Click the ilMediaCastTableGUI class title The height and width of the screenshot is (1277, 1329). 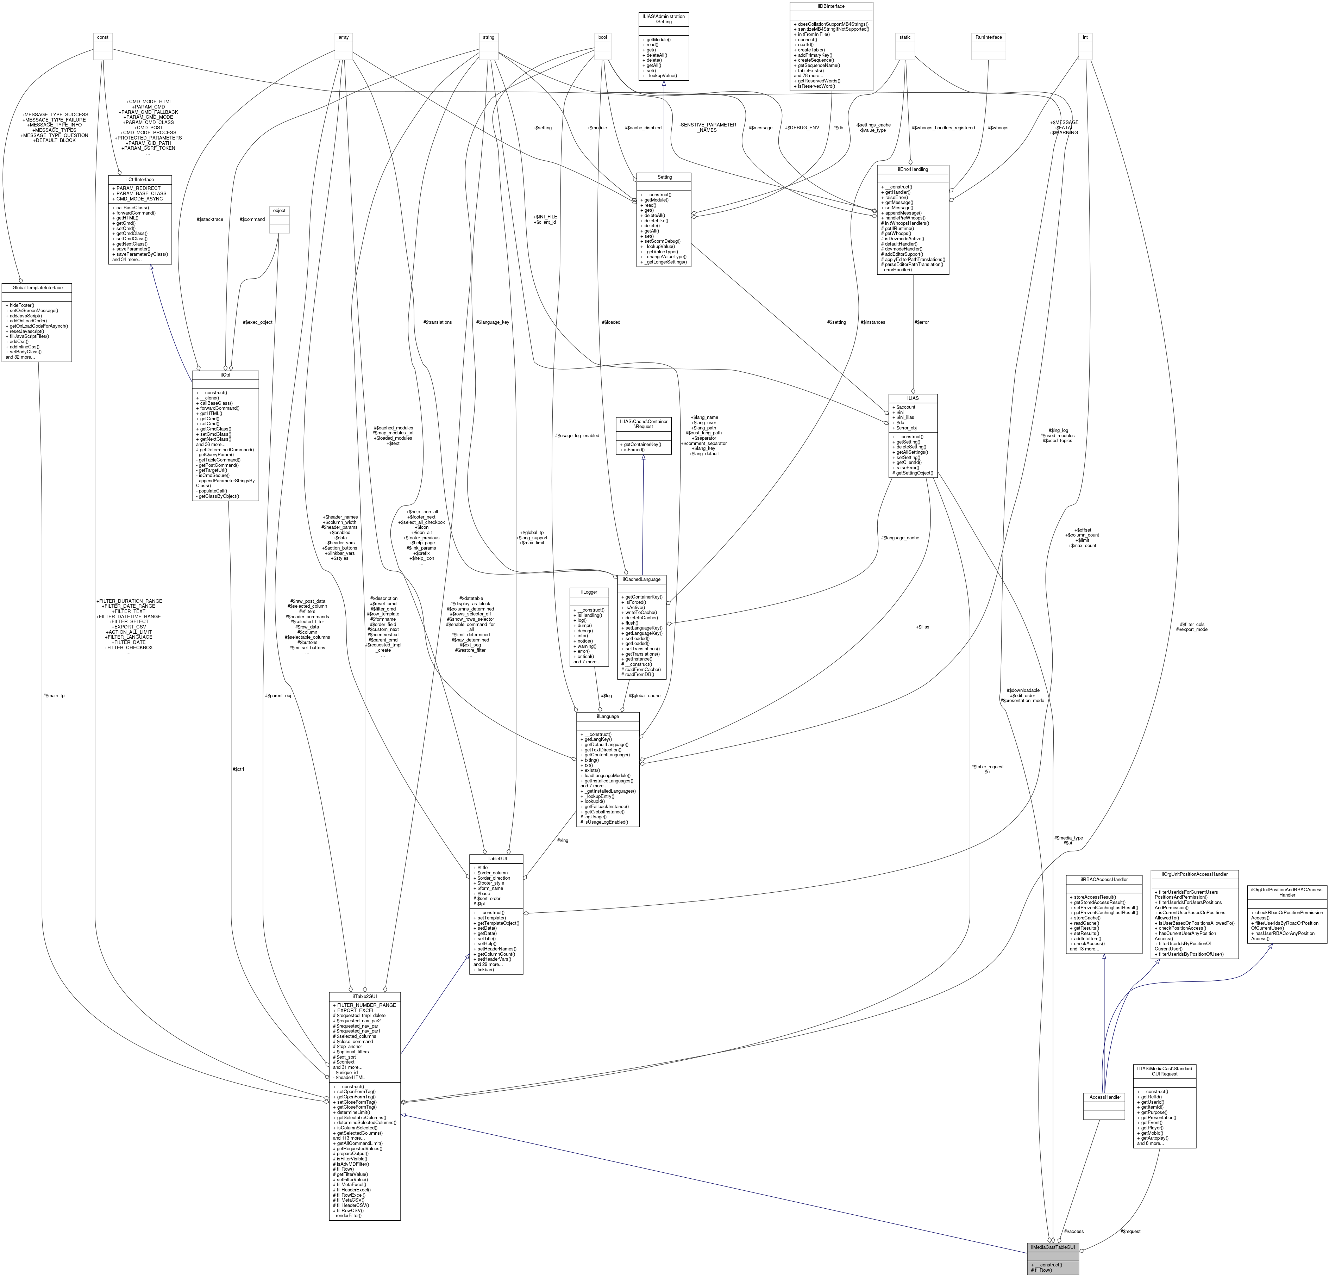pyautogui.click(x=1053, y=1247)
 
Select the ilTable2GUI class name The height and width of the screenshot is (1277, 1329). pyautogui.click(x=365, y=996)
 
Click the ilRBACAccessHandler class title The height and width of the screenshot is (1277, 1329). pyautogui.click(x=1104, y=879)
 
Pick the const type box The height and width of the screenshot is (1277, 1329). pyautogui.click(x=102, y=37)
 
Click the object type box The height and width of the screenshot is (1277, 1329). pyautogui.click(x=280, y=210)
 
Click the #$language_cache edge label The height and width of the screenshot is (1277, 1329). pyautogui.click(x=900, y=538)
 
